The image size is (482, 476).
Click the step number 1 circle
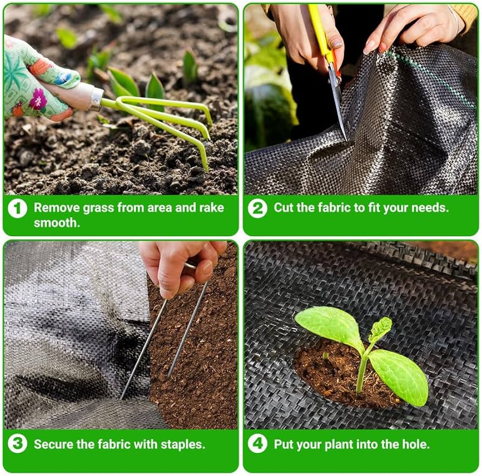coord(17,208)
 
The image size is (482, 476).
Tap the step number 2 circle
coord(257,208)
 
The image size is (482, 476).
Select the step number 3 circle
coord(17,444)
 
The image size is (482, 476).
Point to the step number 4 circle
coord(257,444)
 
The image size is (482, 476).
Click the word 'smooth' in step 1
coord(56,223)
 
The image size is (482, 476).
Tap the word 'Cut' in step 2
coord(284,208)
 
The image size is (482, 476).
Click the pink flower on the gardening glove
coord(38,99)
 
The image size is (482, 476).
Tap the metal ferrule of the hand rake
coord(96,99)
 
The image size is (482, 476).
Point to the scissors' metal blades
coord(338,101)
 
